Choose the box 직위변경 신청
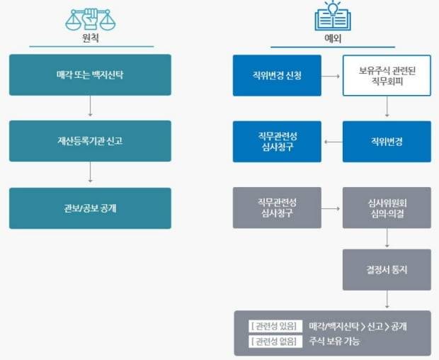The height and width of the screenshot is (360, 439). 277,74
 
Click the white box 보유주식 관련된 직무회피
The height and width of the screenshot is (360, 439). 387,74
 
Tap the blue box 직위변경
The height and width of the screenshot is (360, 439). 387,141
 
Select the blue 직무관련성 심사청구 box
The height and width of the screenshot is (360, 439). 277,141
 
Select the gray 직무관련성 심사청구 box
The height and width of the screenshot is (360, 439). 277,208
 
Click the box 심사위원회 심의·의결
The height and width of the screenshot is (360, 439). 387,208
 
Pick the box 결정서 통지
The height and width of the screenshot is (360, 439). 387,269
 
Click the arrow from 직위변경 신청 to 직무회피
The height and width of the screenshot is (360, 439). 331,74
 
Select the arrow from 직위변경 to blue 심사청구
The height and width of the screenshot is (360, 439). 331,141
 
